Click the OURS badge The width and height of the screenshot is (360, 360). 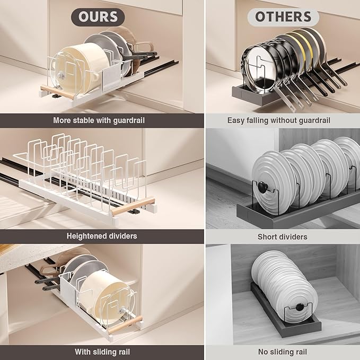(98, 17)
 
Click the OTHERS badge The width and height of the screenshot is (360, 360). (283, 17)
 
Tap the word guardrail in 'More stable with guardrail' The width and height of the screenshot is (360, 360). (129, 120)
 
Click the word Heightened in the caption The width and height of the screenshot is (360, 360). (86, 236)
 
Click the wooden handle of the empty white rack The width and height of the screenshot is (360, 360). (133, 206)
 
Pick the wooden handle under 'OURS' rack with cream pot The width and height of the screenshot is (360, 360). (58, 92)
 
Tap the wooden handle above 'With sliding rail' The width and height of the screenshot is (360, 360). (125, 324)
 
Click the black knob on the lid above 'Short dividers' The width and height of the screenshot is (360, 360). (262, 187)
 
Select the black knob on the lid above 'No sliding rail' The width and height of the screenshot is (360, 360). (300, 307)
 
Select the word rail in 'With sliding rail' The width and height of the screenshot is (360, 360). (124, 352)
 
